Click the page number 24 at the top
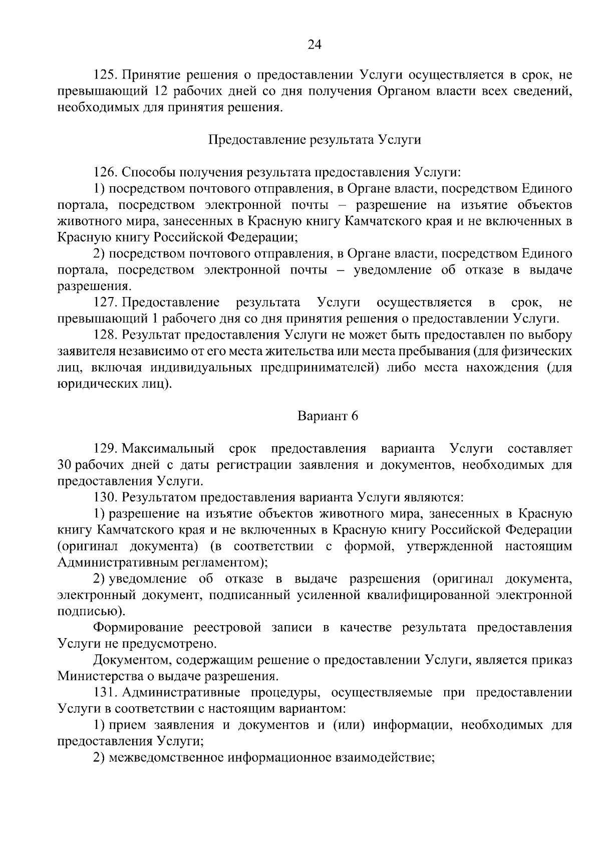pos(314,45)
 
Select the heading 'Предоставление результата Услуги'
pos(315,140)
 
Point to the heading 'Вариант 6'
pos(328,416)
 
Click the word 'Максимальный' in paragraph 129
pos(169,448)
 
